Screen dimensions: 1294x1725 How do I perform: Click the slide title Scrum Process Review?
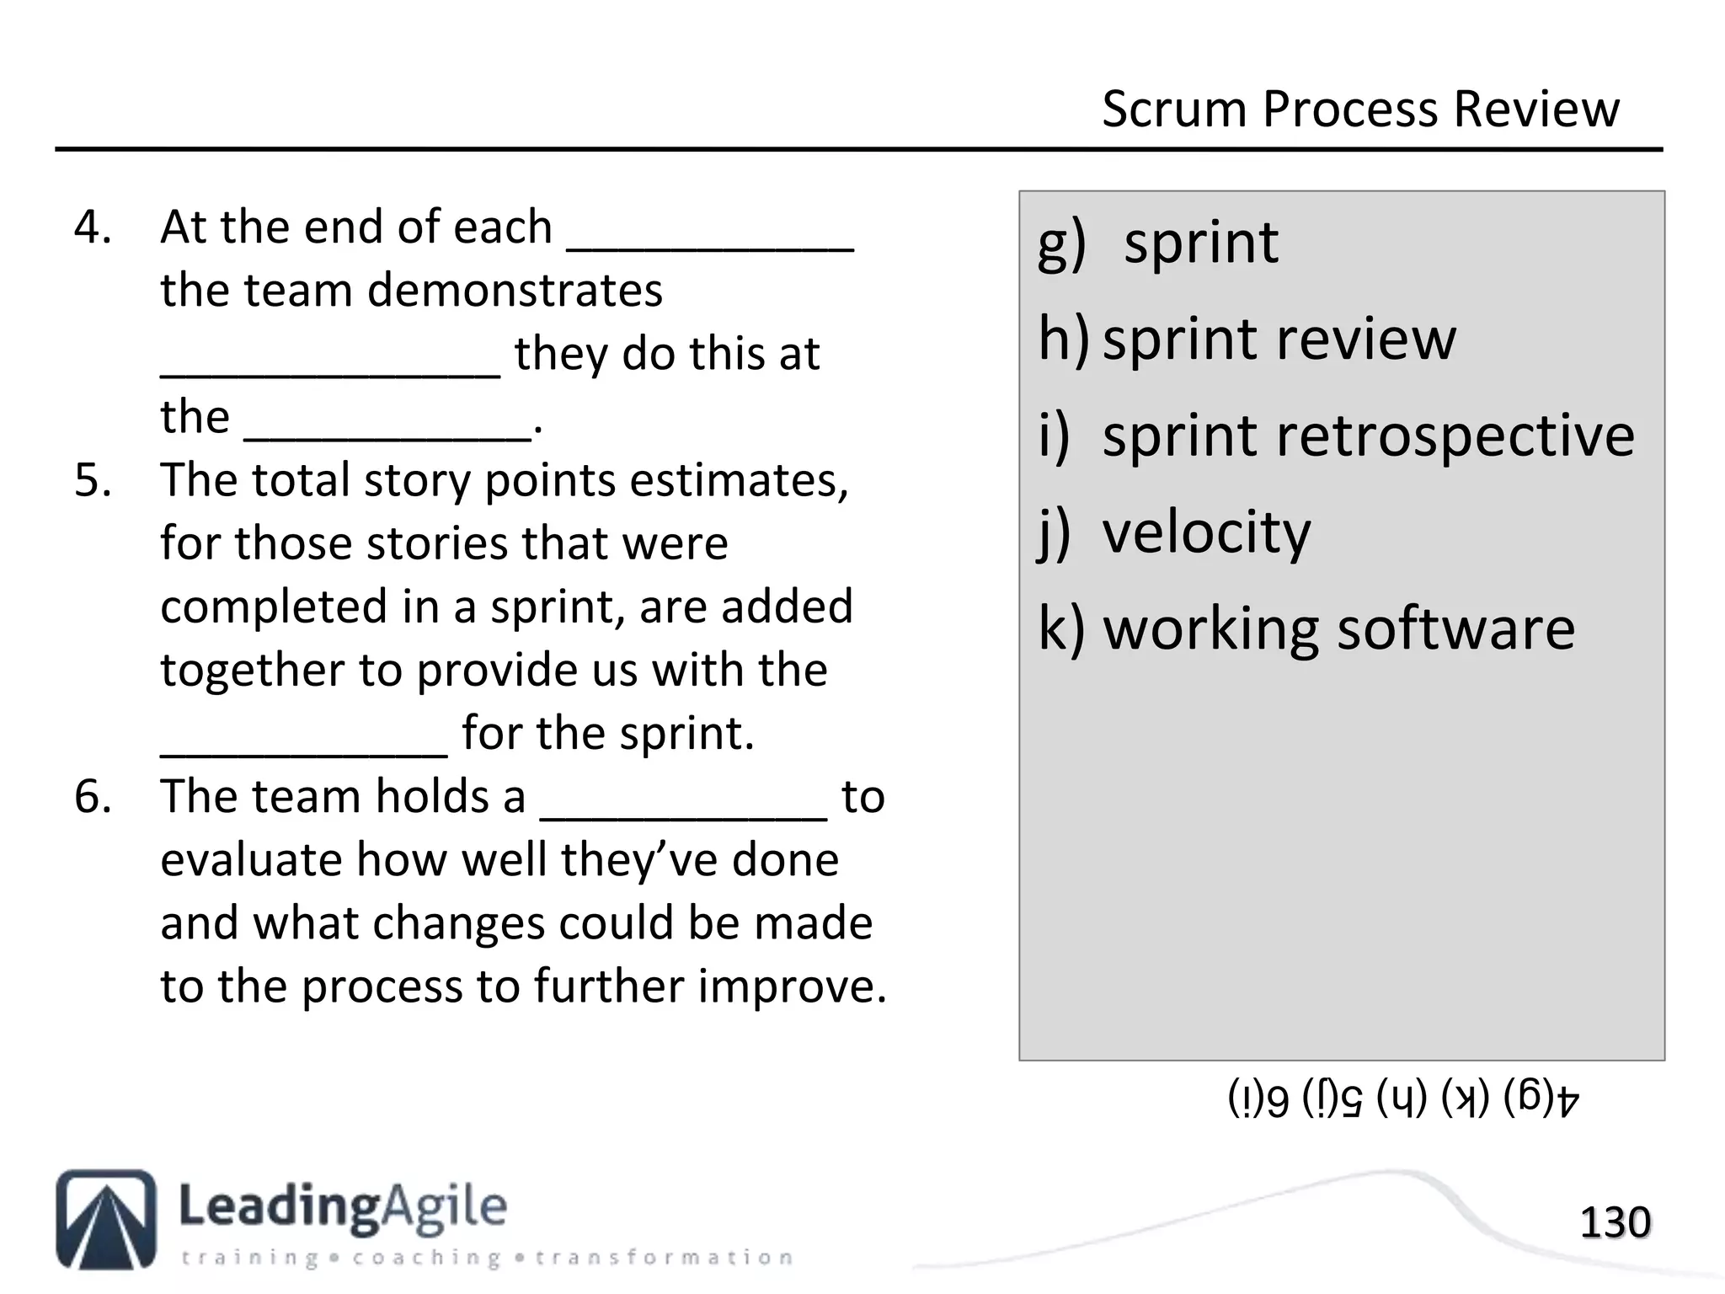point(1359,110)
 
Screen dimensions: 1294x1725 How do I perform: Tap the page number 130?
point(1615,1223)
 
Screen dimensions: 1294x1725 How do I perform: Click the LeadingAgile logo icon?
point(106,1218)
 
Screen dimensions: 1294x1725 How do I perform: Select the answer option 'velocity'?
point(1206,532)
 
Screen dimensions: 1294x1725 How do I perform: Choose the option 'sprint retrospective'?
point(1368,436)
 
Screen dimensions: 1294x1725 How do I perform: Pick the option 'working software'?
point(1338,629)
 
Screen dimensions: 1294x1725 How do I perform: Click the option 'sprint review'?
point(1279,339)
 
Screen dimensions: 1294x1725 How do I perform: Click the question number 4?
point(92,227)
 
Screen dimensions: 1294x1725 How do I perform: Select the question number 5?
point(92,480)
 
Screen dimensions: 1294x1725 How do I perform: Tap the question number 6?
point(92,797)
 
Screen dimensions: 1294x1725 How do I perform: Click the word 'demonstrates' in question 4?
point(515,291)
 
